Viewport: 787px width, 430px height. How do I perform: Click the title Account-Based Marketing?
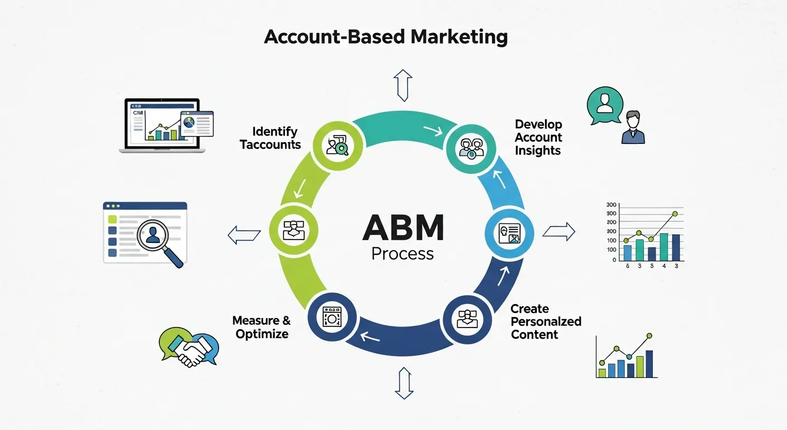coord(386,38)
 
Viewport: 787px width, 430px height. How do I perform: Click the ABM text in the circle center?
coord(402,228)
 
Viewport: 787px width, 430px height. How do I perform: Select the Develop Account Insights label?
coord(538,137)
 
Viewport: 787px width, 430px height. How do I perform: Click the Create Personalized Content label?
coord(546,322)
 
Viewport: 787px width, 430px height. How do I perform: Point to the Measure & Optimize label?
coord(262,328)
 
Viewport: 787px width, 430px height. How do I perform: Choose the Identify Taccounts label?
coord(271,138)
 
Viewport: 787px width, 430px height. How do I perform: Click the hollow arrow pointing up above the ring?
coord(402,85)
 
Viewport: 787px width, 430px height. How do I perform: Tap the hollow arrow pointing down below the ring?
coord(402,383)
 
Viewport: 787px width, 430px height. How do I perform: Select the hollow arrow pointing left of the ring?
coord(244,235)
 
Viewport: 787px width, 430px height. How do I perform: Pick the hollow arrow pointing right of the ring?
coord(559,231)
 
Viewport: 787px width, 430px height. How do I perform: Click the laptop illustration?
coord(160,126)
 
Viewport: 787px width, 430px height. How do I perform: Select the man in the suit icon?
coord(633,128)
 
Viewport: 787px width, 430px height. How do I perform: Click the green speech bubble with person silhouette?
coord(604,105)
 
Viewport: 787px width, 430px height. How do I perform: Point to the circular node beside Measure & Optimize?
coord(332,317)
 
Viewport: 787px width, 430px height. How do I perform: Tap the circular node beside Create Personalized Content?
coord(467,317)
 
